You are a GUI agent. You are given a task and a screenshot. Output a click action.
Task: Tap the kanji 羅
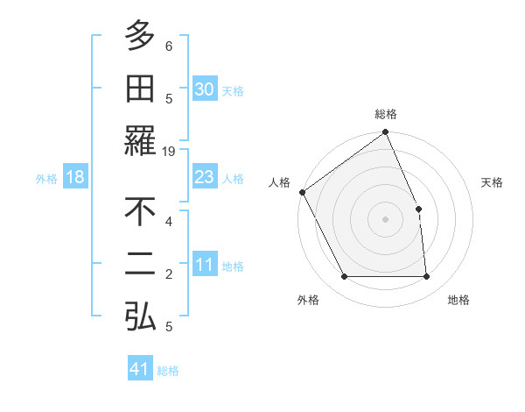pos(140,140)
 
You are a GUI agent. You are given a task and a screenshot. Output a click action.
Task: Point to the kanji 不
pos(140,210)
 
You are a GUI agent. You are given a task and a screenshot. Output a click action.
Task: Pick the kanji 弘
pos(140,316)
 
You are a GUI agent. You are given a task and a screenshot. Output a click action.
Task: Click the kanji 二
pos(140,264)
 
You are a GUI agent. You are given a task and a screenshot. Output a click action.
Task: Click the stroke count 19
pos(170,151)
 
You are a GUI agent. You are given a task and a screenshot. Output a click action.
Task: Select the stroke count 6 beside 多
pos(169,46)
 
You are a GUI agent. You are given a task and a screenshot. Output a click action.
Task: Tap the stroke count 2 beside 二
pos(169,274)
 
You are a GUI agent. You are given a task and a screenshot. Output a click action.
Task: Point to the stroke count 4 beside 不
pos(169,221)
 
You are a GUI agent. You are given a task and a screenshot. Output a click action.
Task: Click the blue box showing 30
pos(204,89)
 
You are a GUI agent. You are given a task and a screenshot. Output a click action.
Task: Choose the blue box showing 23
pos(204,177)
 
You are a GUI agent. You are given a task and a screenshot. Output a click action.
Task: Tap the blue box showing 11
pos(204,265)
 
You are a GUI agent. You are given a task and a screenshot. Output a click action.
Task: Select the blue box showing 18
pos(75,177)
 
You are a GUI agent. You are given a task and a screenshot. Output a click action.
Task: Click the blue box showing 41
pos(140,369)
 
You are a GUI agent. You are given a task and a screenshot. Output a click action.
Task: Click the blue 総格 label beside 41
pos(168,371)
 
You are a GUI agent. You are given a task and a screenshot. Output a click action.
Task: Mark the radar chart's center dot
pos(385,218)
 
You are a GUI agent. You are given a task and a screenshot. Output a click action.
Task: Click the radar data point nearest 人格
pos(302,192)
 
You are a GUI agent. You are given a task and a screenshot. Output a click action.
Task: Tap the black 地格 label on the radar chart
pos(458,300)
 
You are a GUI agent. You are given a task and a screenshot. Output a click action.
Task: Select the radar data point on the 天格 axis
pos(418,209)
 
